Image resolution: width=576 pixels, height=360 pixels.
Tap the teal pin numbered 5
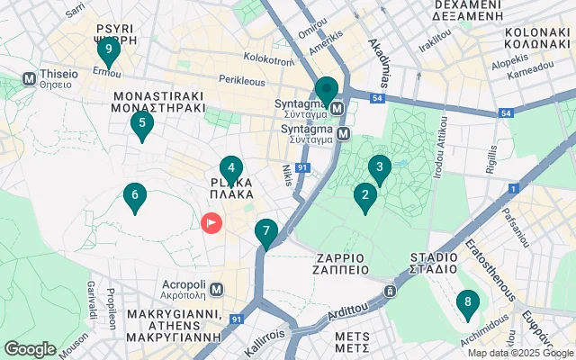point(141,125)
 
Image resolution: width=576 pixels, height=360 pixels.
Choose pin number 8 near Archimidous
point(467,304)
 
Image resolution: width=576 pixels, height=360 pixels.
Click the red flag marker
point(211,221)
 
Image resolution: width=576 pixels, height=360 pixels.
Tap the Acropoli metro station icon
point(216,288)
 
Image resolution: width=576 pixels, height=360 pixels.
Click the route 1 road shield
point(512,188)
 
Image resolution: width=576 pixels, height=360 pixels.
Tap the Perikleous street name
point(241,80)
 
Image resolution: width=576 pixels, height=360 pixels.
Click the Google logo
point(30,349)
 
